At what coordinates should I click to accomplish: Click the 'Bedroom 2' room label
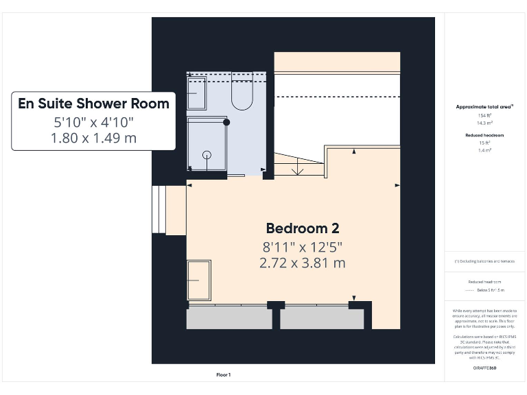303,228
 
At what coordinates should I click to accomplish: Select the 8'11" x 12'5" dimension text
303,246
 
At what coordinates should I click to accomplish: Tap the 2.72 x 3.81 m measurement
303,263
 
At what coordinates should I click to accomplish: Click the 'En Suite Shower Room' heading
93,104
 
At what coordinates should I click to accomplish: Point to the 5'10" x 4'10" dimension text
93,122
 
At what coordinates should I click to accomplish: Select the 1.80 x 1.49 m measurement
93,138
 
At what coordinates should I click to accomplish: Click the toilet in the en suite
242,95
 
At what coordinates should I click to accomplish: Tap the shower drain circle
207,155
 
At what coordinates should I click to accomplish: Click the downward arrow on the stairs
298,167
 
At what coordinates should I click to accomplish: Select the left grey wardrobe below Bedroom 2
229,318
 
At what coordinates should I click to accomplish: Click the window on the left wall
159,209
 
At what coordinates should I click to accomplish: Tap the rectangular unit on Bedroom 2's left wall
198,280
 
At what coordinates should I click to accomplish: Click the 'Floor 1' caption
224,374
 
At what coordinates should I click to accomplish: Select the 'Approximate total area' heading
484,107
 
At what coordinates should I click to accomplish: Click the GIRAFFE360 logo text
484,368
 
